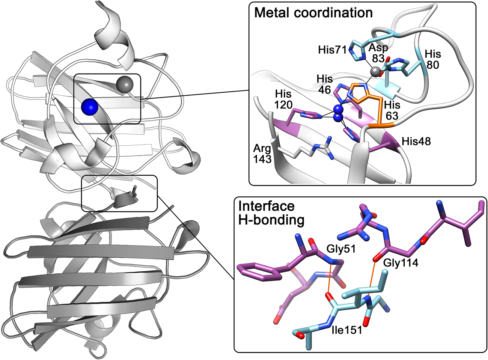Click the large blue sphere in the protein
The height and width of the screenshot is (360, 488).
(x=90, y=107)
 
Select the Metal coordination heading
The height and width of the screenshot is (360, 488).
(x=313, y=13)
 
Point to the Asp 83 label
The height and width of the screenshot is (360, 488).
(x=378, y=53)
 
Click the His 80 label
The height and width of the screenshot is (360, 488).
(x=432, y=59)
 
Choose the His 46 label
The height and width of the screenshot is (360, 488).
(x=324, y=84)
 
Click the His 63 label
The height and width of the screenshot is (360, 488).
(x=392, y=110)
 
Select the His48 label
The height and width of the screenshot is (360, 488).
(x=416, y=141)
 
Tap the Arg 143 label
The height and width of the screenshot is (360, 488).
(x=262, y=154)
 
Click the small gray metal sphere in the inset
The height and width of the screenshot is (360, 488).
(x=374, y=71)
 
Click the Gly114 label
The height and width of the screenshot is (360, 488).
(x=401, y=263)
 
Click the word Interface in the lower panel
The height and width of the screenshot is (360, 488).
(x=267, y=206)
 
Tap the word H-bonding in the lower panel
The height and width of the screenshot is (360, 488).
(x=271, y=220)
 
